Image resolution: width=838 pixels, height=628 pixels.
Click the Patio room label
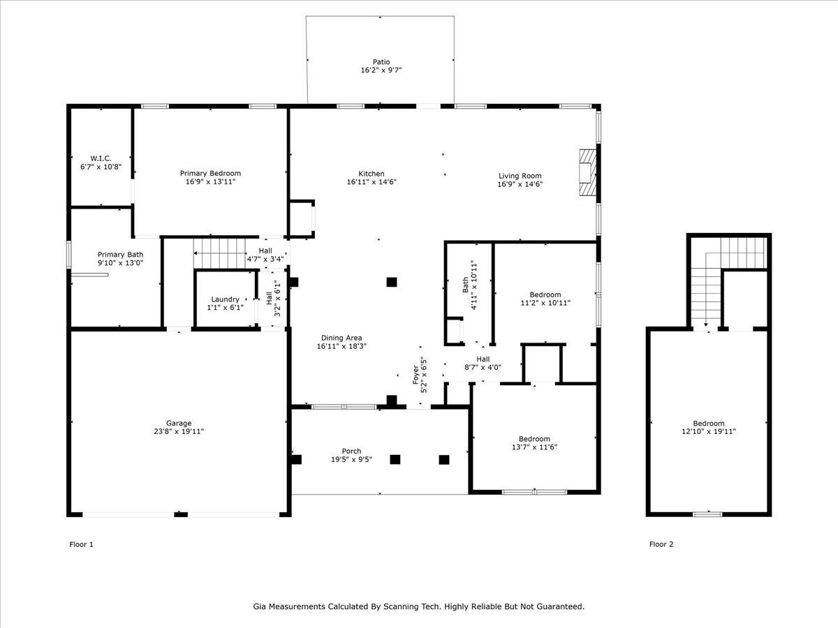[x=381, y=62]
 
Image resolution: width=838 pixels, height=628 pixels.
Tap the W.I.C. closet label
[x=101, y=158]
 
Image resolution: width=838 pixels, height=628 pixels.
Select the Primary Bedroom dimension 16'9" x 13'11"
[x=210, y=182]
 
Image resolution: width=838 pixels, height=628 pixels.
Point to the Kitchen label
[x=371, y=174]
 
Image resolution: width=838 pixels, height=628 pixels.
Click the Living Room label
[x=520, y=176]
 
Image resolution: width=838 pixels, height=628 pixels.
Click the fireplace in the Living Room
[x=587, y=172]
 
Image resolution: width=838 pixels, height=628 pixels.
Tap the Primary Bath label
[x=120, y=254]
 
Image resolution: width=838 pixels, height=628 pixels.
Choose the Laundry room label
[x=226, y=299]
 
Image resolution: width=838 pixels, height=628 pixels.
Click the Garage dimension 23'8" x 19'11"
[x=179, y=431]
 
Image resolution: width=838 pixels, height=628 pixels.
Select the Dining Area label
[x=341, y=338]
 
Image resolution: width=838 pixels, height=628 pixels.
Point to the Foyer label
[x=416, y=375]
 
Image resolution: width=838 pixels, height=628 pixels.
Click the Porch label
[x=351, y=451]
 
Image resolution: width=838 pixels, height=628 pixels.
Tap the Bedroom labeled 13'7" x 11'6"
[x=534, y=442]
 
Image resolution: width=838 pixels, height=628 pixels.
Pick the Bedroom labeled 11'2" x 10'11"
[x=545, y=299]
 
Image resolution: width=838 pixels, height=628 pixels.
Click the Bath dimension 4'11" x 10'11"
[x=473, y=285]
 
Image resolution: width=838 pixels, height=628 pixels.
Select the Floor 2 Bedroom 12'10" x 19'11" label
[x=709, y=428]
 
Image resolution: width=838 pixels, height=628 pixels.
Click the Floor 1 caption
[x=81, y=544]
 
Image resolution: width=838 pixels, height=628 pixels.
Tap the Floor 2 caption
[x=661, y=544]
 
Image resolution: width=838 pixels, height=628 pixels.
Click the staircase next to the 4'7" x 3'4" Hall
[x=219, y=253]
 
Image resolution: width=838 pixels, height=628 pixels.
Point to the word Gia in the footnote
[x=260, y=606]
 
